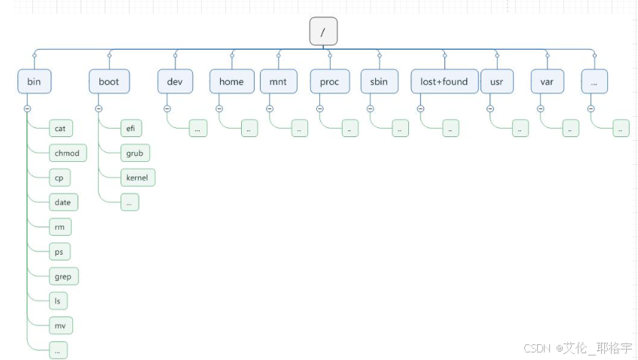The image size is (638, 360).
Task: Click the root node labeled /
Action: point(323,32)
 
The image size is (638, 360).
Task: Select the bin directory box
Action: point(34,81)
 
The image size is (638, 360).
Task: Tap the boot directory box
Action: point(108,81)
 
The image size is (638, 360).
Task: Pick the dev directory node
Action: point(175,81)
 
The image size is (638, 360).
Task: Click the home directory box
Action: point(231,81)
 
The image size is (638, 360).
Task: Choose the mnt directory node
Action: point(278,81)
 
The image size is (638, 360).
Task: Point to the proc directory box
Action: point(329,81)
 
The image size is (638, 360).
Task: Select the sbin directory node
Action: point(379,81)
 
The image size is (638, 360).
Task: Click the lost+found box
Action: point(444,81)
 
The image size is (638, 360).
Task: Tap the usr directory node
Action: point(496,81)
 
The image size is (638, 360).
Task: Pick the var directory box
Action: point(547,81)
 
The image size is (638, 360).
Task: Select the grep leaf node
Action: point(63,276)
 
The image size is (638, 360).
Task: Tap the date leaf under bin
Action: point(63,203)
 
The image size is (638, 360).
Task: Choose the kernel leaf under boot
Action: point(136,178)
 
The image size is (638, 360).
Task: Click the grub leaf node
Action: point(134,154)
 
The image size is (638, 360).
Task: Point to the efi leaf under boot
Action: point(130,129)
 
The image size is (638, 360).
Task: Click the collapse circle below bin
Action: point(27,108)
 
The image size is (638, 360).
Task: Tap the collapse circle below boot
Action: point(99,108)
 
